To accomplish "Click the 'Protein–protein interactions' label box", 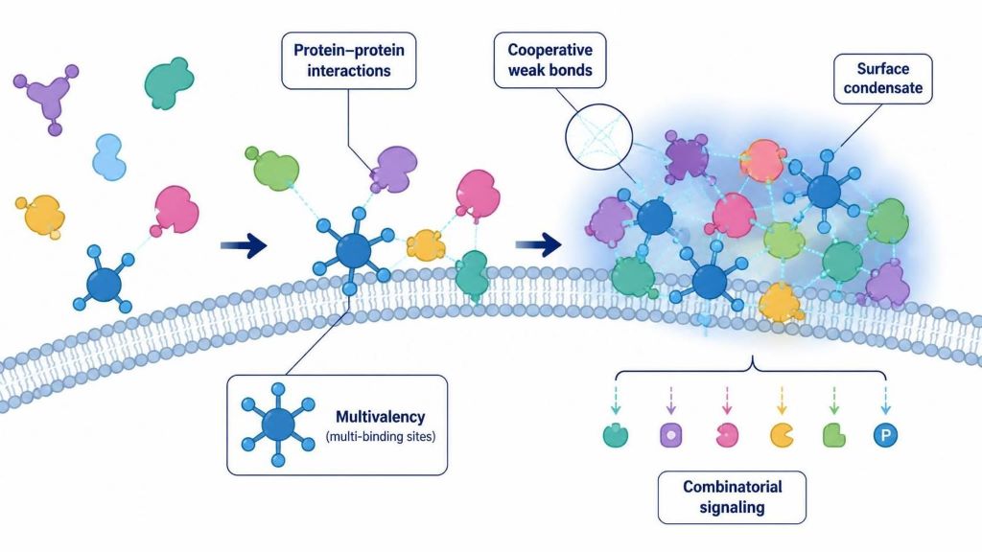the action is click(349, 60).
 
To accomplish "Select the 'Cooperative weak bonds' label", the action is click(549, 60).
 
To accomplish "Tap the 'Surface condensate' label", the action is click(882, 79).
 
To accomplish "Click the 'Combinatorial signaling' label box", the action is click(732, 497).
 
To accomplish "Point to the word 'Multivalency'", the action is click(380, 417).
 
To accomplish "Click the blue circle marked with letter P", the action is click(885, 435).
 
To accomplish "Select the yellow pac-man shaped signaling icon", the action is click(782, 435).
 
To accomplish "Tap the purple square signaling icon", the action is click(670, 434).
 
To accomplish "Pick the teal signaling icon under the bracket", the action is click(615, 435).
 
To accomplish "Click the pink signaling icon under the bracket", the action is click(727, 435).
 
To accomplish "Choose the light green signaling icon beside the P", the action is click(833, 435).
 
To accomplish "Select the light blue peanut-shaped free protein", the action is click(109, 156).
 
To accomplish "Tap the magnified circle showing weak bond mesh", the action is click(598, 136).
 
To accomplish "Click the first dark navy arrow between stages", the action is click(244, 245).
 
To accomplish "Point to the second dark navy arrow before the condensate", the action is click(538, 244).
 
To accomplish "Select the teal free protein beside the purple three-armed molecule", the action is click(169, 82).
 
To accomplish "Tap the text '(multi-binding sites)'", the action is click(380, 436).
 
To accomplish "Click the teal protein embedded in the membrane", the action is click(472, 276).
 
